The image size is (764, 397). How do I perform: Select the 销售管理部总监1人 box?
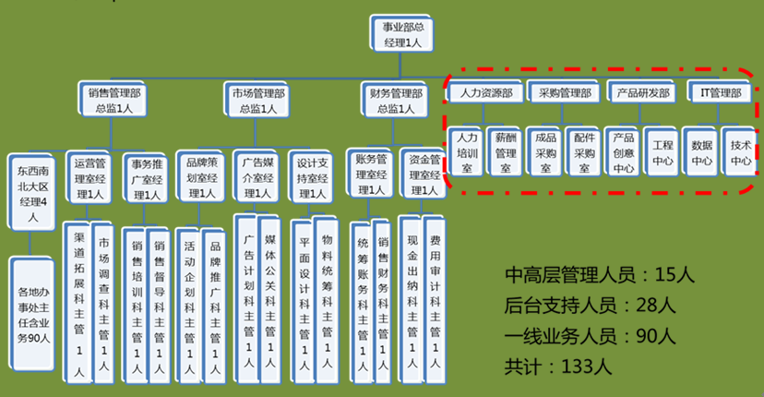click(x=113, y=100)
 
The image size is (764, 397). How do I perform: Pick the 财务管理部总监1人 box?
click(x=395, y=100)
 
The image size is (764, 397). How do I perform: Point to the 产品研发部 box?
click(x=641, y=92)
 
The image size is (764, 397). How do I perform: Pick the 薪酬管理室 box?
click(x=505, y=150)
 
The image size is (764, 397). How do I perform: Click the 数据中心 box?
click(x=700, y=150)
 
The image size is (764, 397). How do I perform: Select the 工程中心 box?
click(x=663, y=150)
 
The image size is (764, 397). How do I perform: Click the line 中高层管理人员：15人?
click(x=599, y=274)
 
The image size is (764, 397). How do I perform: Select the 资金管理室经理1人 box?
click(x=423, y=173)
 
